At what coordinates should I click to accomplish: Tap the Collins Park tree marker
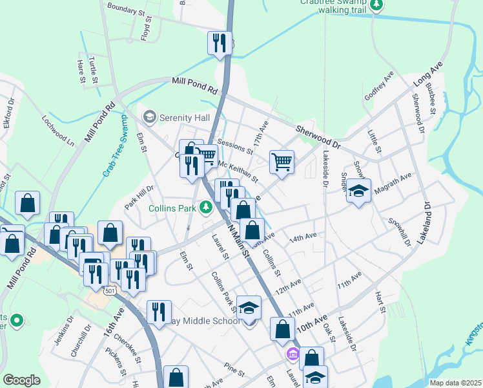pyautogui.click(x=206, y=208)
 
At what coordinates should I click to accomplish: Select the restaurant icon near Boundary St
pyautogui.click(x=220, y=43)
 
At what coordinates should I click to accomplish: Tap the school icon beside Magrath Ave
pyautogui.click(x=358, y=191)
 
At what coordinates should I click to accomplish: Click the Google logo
pyautogui.click(x=21, y=380)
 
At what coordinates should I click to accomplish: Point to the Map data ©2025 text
pyautogui.click(x=455, y=383)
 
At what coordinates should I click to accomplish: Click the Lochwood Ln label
pyautogui.click(x=59, y=129)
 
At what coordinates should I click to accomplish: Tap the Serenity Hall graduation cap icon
pyautogui.click(x=150, y=117)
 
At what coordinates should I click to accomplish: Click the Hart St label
pyautogui.click(x=380, y=302)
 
